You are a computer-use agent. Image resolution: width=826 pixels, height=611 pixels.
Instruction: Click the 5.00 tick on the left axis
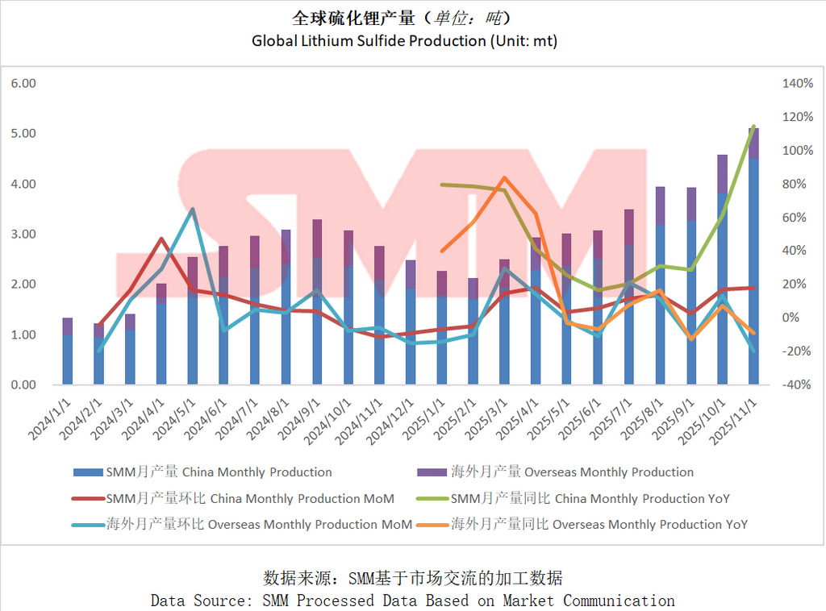(x=24, y=134)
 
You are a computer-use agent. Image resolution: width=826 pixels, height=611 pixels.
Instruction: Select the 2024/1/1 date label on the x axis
(x=50, y=417)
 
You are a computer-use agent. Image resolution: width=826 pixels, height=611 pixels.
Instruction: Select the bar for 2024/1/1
(x=68, y=355)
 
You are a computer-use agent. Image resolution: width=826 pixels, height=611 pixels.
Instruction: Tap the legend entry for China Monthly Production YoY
(x=590, y=499)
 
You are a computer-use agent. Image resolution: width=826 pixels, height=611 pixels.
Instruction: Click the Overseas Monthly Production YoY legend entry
(x=599, y=525)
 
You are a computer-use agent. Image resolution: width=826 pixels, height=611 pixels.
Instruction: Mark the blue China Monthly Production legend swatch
(x=88, y=472)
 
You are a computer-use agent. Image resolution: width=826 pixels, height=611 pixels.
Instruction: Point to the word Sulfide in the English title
(x=390, y=40)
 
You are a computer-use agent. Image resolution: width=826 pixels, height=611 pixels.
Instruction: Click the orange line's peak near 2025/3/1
(x=503, y=178)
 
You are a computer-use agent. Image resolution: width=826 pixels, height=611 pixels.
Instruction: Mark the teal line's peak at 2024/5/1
(x=192, y=210)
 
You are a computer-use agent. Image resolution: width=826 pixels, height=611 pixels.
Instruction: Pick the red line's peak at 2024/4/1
(x=161, y=239)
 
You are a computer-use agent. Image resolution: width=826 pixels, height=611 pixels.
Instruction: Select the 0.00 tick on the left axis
(x=24, y=385)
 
